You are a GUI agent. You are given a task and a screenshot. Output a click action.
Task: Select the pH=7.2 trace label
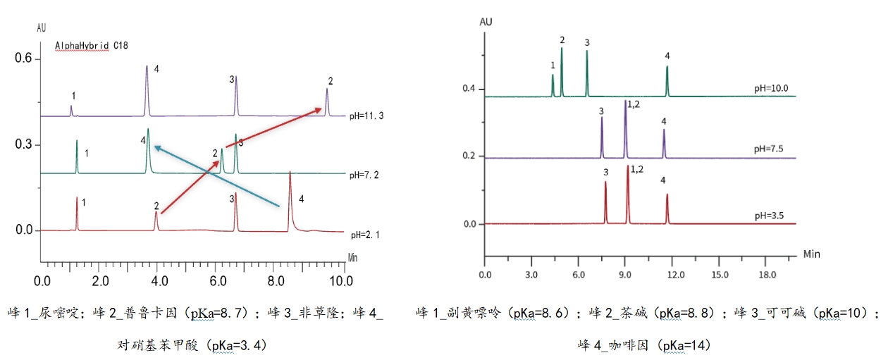tap(366, 173)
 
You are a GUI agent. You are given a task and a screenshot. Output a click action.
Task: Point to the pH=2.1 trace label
tap(366, 233)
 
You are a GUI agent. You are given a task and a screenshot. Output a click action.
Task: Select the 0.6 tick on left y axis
tap(25, 59)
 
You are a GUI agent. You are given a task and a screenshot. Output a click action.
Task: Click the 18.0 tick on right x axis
tap(767, 273)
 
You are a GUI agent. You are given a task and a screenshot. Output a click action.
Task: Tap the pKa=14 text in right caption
tap(683, 345)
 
